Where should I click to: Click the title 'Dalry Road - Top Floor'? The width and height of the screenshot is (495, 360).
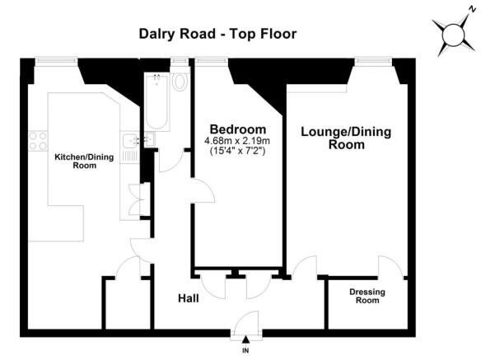point(217,34)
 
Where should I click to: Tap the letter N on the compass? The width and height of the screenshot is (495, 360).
point(472,9)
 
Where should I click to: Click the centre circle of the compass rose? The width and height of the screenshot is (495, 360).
point(453,35)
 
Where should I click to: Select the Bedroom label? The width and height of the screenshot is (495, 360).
point(238,129)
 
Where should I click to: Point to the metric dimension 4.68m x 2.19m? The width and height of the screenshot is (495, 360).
point(238,141)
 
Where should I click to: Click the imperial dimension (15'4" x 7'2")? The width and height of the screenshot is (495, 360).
point(238,151)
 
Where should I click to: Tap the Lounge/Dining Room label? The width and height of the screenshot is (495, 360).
point(346,138)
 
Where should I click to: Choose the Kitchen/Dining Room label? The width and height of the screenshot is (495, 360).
point(84,161)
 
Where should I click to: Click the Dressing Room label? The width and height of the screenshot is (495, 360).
point(367,296)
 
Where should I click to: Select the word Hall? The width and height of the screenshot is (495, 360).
point(188,298)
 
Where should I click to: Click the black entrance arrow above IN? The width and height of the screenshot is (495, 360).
point(245,339)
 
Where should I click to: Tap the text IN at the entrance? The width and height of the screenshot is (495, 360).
point(245,350)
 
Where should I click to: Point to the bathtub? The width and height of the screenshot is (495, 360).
point(156,101)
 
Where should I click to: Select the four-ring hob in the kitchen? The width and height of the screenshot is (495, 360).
point(38,141)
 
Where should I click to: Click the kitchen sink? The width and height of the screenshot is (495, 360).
point(129,141)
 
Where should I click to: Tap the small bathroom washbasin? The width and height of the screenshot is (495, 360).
point(150,139)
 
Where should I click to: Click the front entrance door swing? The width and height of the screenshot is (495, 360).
point(247,321)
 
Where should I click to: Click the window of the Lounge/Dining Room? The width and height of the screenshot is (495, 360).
point(373,62)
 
